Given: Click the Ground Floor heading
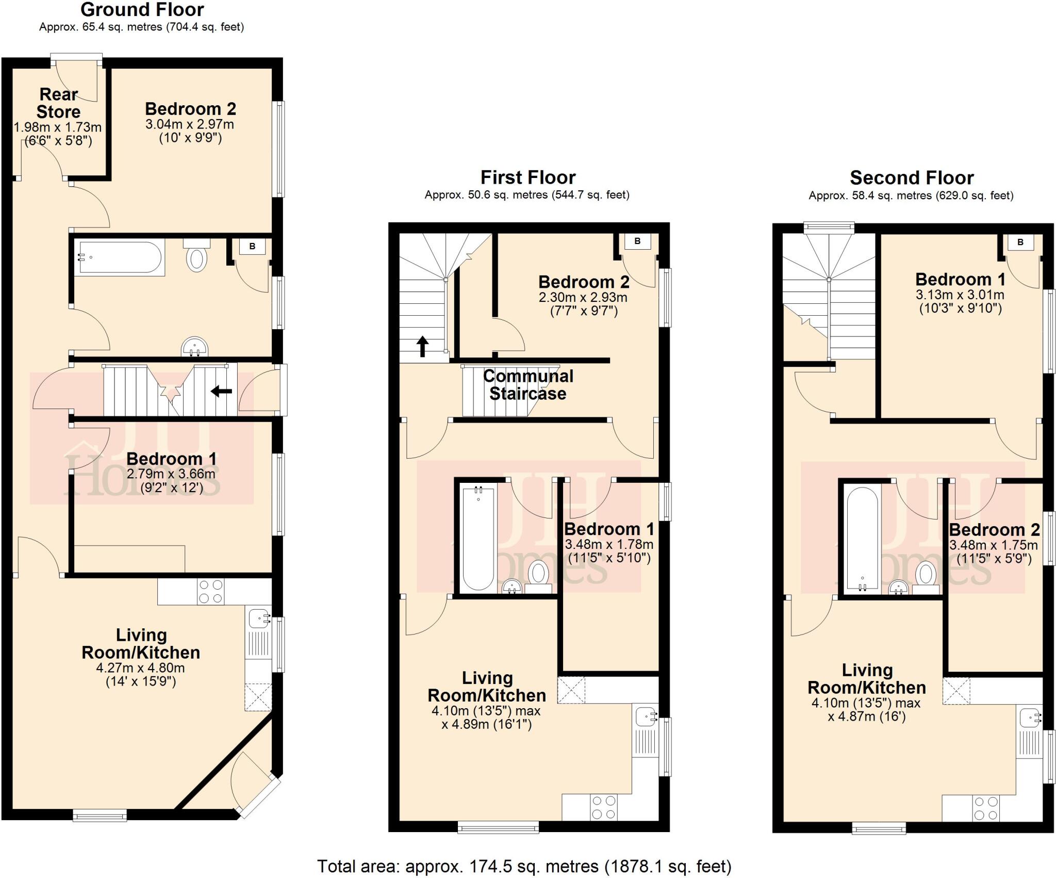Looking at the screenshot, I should (142, 10).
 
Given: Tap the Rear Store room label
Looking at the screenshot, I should (58, 103).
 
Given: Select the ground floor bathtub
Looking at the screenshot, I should (120, 257).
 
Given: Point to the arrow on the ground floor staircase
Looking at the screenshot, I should (222, 392).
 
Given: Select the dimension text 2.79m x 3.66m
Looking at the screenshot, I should (171, 474).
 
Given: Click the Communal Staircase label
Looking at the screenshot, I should (528, 385).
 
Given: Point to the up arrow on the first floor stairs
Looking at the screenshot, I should (422, 346).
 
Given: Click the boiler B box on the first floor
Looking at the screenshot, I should (637, 241).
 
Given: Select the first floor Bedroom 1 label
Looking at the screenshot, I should (609, 529).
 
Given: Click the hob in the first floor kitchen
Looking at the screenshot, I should (604, 807).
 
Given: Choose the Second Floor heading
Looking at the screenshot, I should (911, 178).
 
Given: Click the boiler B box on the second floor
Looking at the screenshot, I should (1020, 242).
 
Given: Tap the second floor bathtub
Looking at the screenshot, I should (862, 539).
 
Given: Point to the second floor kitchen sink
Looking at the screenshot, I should (1030, 718).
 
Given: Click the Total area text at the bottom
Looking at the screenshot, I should (524, 866).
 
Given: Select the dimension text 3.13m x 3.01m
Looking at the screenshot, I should (960, 295).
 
